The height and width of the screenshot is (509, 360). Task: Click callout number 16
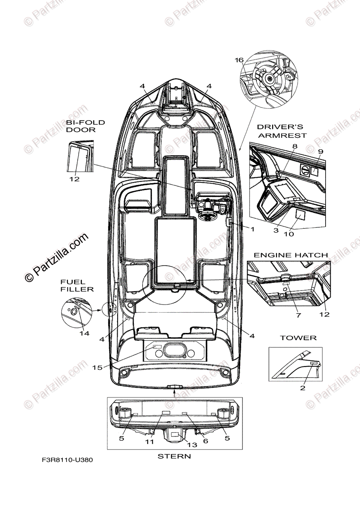coord(239,60)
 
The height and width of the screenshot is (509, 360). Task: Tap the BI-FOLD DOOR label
coord(85,126)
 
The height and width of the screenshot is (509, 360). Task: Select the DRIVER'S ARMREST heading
coord(281,131)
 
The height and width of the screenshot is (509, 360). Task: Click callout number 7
coord(298,316)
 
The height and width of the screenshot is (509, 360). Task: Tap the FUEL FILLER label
coord(76,285)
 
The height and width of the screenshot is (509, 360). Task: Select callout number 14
coord(84,333)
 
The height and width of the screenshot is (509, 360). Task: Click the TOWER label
coord(298,338)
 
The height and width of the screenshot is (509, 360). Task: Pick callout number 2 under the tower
coord(303,388)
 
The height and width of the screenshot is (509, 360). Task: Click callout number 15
coord(97,367)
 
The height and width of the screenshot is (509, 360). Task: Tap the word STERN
coord(174,456)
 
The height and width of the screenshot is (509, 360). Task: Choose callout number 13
coord(192,445)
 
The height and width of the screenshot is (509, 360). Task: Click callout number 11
coord(149,442)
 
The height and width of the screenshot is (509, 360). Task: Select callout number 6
coord(206,441)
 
